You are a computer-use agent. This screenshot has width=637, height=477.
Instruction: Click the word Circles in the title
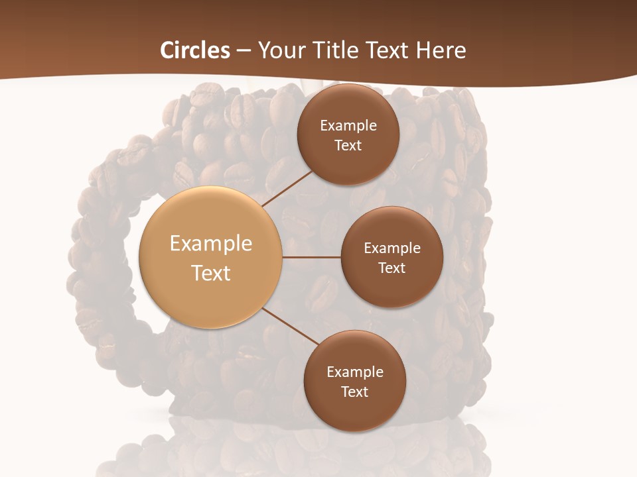point(195,50)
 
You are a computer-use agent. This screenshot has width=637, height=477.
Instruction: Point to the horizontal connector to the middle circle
point(312,257)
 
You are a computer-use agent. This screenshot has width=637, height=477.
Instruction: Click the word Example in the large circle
point(211,244)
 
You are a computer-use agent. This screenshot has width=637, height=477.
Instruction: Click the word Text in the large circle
point(211,273)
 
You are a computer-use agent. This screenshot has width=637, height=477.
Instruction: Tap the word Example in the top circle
point(348,126)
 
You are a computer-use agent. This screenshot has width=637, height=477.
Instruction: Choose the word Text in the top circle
point(348,145)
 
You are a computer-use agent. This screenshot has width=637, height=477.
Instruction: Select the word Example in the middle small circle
point(392,248)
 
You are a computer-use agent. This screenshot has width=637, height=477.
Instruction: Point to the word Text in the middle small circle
point(391,268)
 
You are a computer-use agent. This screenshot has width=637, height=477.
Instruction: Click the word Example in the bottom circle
point(355,372)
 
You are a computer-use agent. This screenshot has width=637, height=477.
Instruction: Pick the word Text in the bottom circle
point(354,392)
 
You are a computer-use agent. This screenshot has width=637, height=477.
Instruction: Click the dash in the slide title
point(244,51)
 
